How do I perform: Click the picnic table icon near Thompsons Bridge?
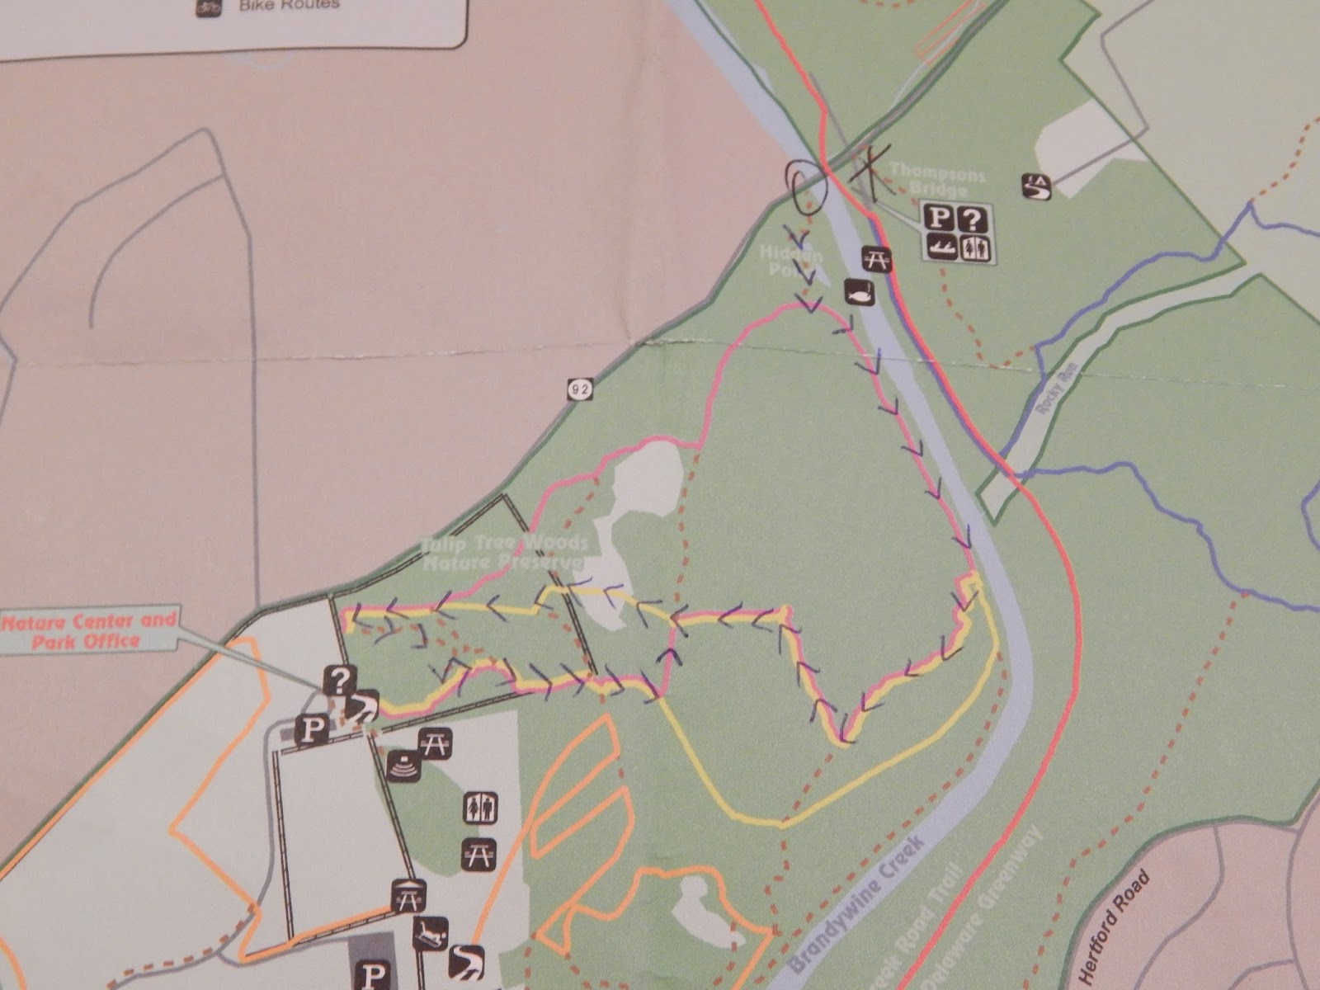pyautogui.click(x=876, y=259)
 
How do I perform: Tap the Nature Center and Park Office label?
pyautogui.click(x=89, y=629)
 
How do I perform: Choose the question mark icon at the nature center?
pyautogui.click(x=340, y=679)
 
